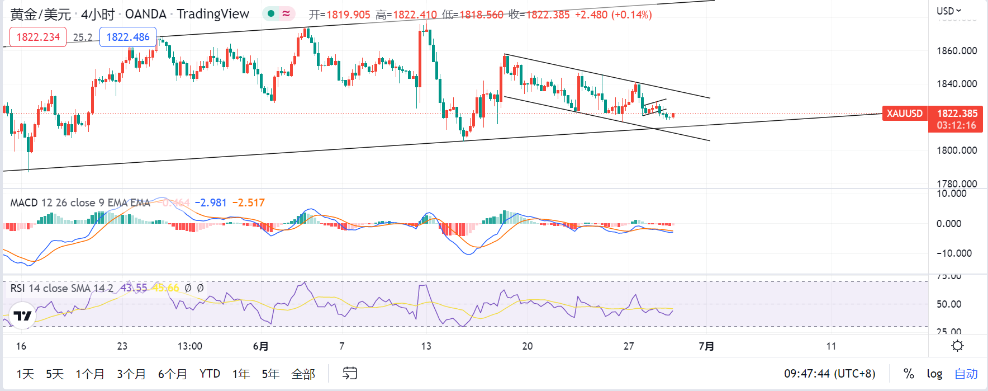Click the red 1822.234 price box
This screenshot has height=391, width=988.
click(x=38, y=37)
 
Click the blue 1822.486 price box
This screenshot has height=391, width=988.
click(x=128, y=37)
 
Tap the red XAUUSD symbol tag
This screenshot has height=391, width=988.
click(x=904, y=114)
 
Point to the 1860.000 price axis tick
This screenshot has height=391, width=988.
click(x=957, y=51)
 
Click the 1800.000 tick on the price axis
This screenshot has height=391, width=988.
click(x=957, y=150)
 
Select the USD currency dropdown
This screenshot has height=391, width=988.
click(x=949, y=11)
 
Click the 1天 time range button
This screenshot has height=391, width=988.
click(x=25, y=374)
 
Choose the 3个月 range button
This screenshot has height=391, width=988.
click(x=131, y=374)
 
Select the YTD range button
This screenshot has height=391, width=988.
click(x=210, y=374)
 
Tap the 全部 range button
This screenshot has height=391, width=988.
click(x=303, y=374)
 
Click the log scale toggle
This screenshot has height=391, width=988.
click(x=934, y=374)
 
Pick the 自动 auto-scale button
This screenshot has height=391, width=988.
click(x=966, y=374)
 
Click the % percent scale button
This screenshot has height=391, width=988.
click(x=909, y=374)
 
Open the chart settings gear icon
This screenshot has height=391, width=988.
click(x=957, y=346)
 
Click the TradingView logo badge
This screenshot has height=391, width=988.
click(x=23, y=316)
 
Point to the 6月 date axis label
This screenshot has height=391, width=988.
click(x=260, y=346)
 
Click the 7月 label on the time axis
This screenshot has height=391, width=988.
click(x=706, y=346)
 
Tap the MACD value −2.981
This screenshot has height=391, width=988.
click(x=211, y=202)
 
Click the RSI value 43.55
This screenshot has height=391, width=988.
click(x=134, y=288)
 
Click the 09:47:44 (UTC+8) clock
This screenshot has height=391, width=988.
click(x=829, y=374)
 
